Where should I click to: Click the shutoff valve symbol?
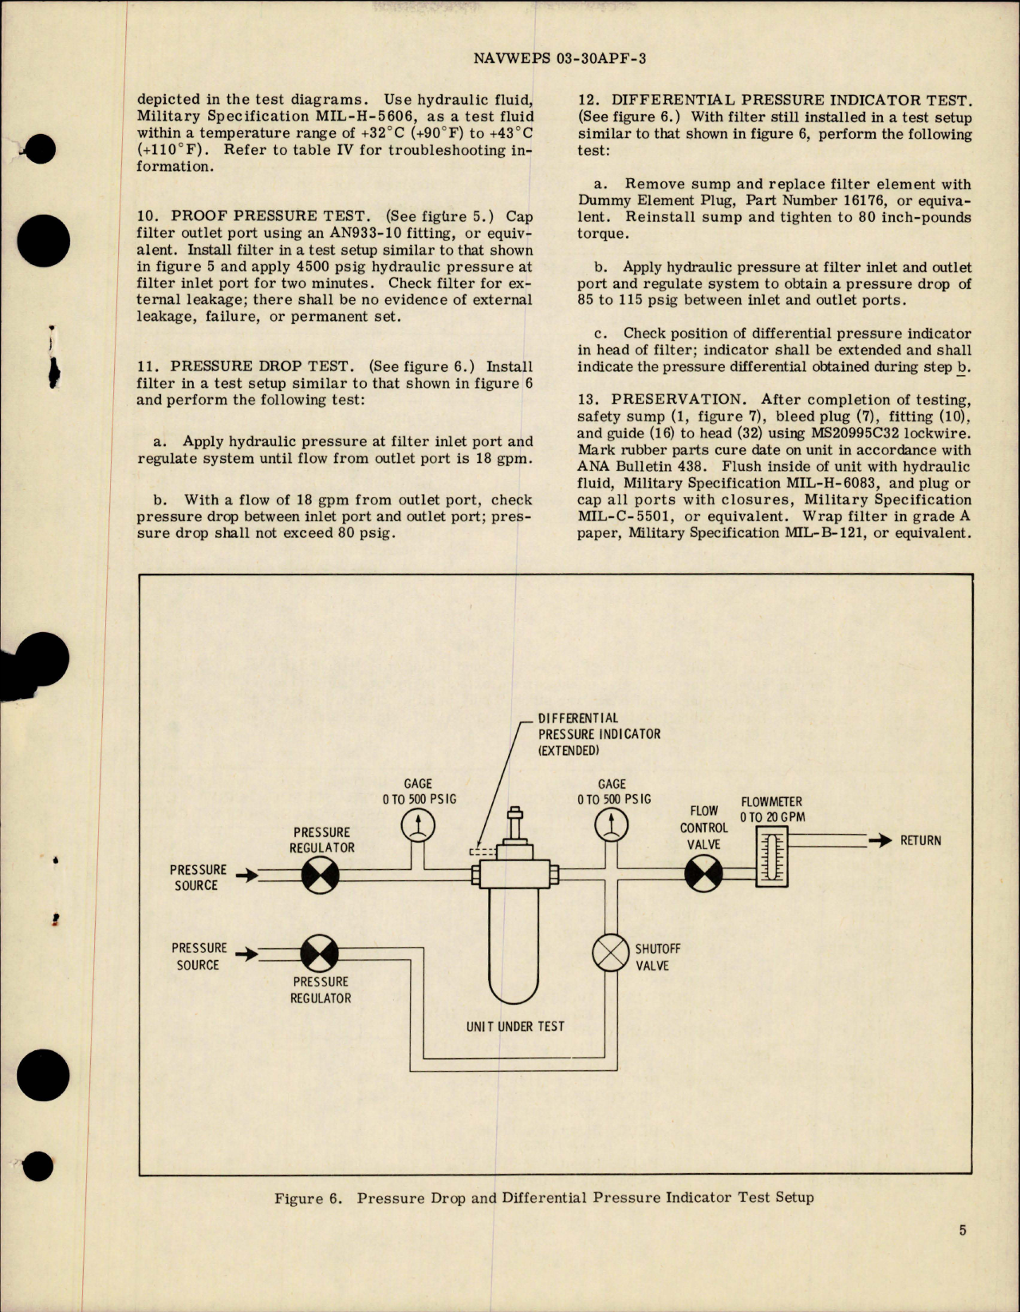pos(611,952)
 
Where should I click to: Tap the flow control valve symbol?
pos(704,875)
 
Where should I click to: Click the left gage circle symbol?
pos(418,825)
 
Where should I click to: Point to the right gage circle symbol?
pos(612,824)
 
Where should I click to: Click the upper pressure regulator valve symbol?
pos(321,875)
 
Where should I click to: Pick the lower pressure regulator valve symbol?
pos(320,954)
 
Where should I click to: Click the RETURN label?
pos(920,840)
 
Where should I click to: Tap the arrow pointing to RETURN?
pos(880,840)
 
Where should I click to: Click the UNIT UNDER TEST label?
pos(515,1026)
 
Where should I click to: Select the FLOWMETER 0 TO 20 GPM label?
pos(771,809)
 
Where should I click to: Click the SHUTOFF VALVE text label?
pos(657,957)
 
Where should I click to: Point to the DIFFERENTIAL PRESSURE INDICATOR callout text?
pos(598,734)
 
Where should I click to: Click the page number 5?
pos(963,1230)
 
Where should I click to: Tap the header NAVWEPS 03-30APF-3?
pos(559,58)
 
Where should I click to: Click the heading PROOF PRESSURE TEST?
pos(269,216)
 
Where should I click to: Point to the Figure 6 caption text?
pos(544,1198)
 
